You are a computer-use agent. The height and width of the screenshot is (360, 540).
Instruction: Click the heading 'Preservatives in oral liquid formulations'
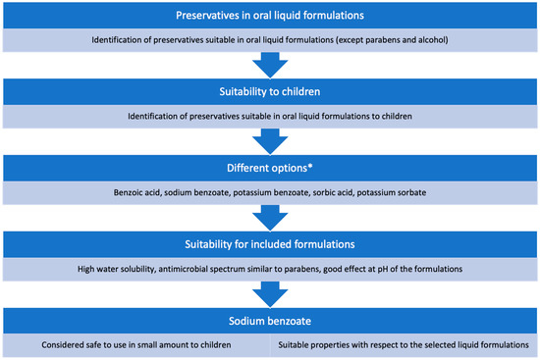point(269,17)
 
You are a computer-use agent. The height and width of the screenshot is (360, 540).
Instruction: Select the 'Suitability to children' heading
point(269,93)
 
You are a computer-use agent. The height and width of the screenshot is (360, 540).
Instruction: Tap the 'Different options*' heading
point(269,169)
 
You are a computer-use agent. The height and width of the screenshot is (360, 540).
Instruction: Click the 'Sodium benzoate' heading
point(269,320)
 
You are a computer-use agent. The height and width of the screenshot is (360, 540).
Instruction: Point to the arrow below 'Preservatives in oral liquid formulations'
point(270,65)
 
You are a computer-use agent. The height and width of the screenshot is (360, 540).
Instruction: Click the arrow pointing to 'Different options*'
point(270,140)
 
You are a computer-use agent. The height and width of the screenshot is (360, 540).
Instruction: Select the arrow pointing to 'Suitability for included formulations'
point(270,216)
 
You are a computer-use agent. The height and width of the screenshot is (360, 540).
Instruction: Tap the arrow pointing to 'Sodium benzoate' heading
point(270,291)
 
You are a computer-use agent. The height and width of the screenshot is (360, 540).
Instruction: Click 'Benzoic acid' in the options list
point(149,191)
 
